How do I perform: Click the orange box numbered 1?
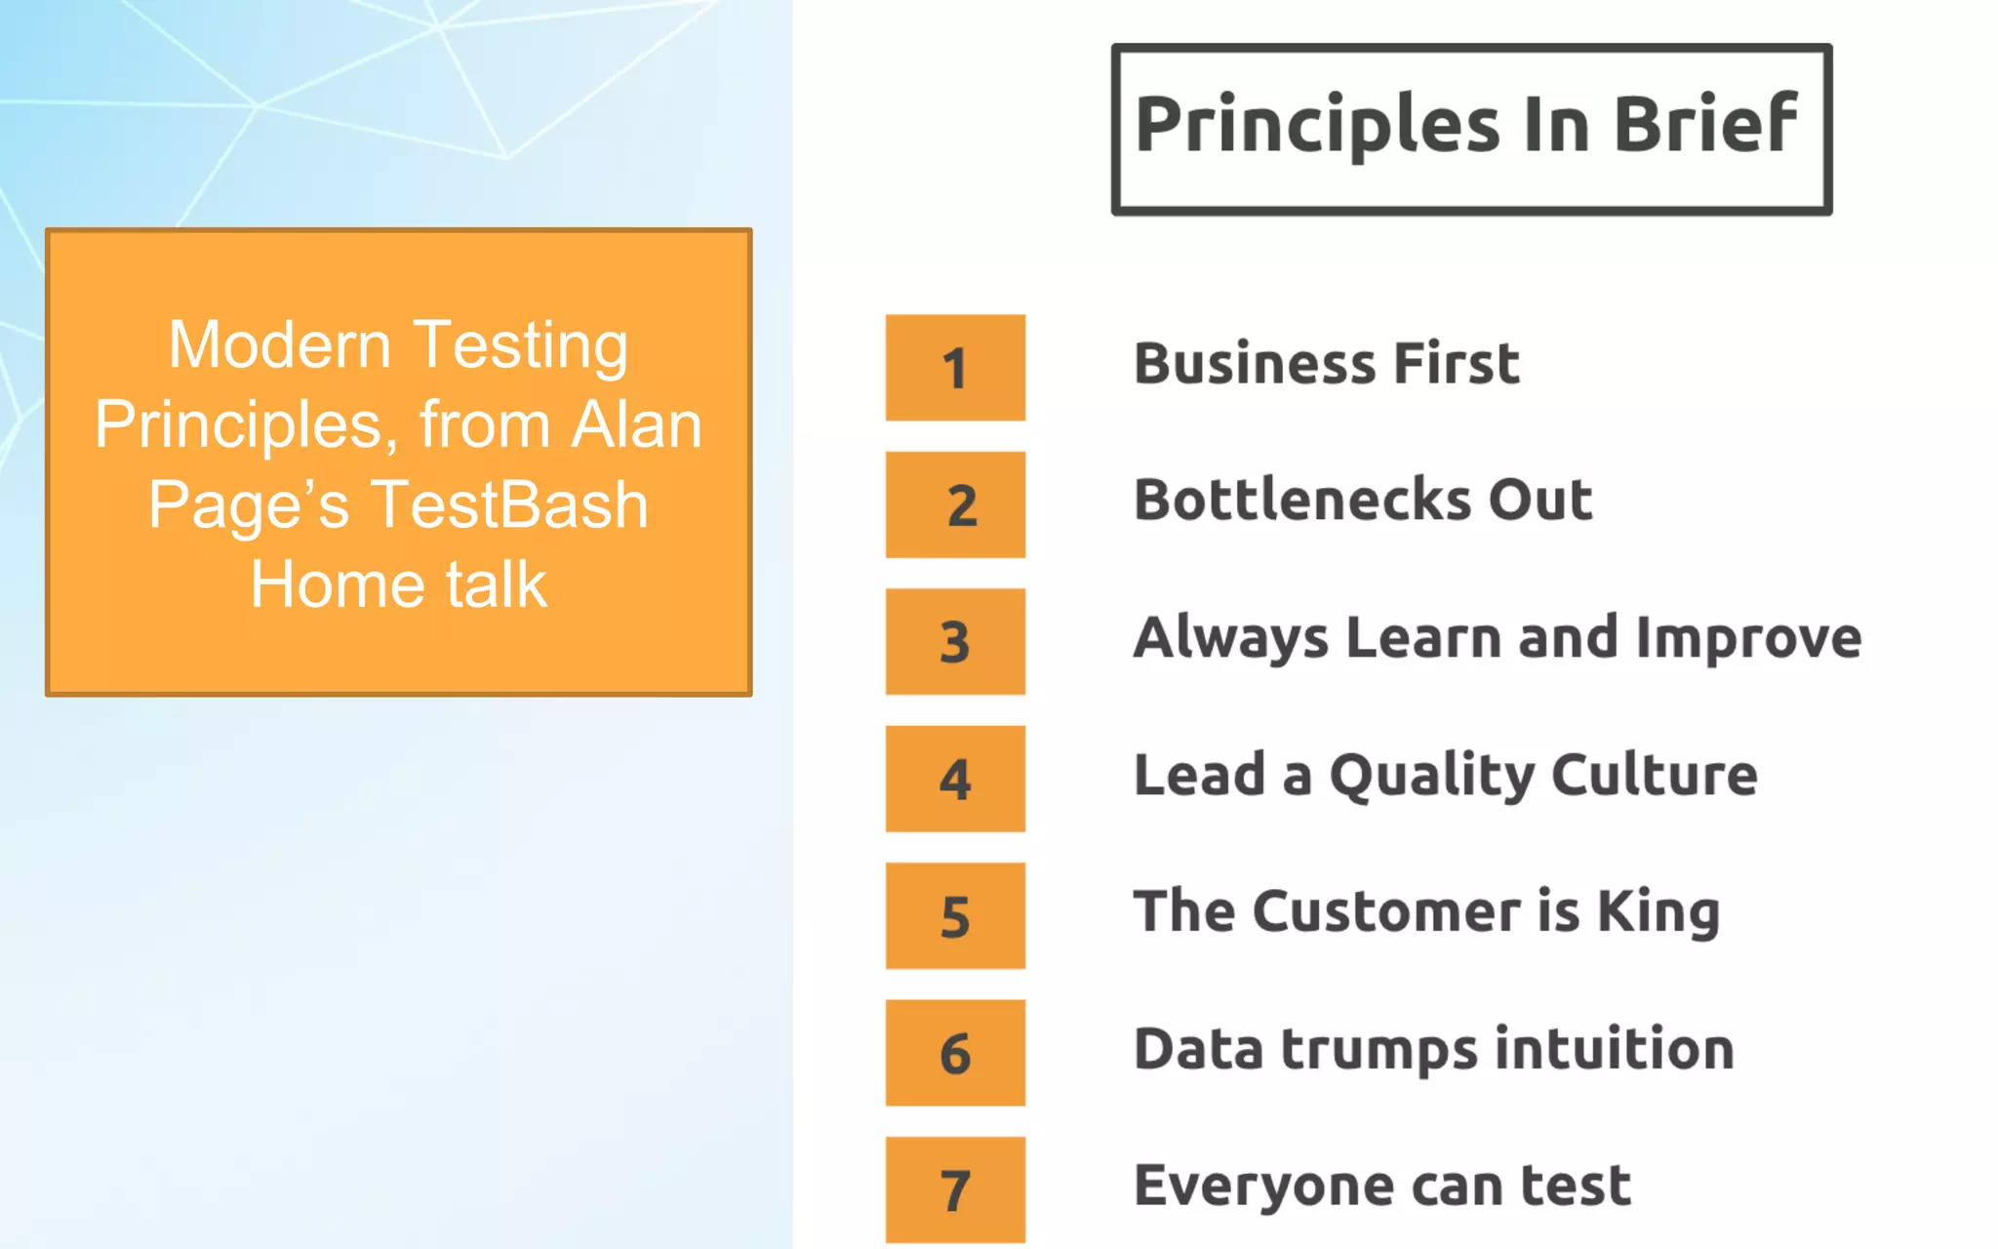click(x=955, y=368)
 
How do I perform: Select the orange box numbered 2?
click(x=955, y=504)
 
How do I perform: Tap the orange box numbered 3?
click(x=955, y=641)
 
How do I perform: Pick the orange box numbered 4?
click(x=955, y=779)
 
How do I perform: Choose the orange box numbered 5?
click(x=955, y=915)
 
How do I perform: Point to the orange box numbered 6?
click(x=955, y=1053)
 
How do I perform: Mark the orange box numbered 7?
click(x=955, y=1189)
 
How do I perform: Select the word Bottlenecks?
click(x=1302, y=501)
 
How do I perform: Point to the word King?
click(x=1658, y=913)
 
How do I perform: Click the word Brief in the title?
click(x=1704, y=124)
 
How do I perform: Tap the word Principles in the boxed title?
click(x=1317, y=126)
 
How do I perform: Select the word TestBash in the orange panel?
click(x=509, y=505)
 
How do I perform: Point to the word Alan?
click(x=636, y=425)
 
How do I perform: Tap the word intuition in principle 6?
click(x=1615, y=1049)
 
